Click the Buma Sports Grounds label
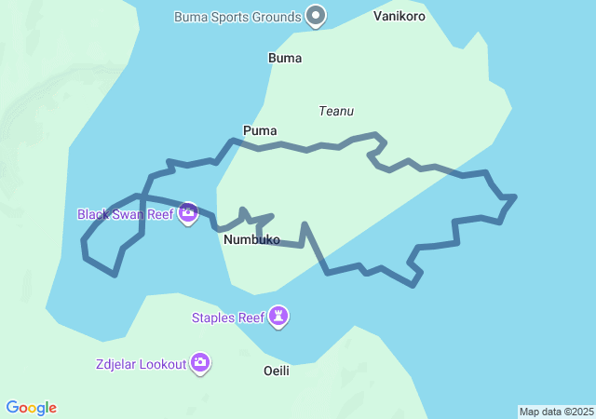coord(237,17)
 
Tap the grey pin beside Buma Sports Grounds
coord(317,16)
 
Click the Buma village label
coord(285,58)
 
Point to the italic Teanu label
coord(336,111)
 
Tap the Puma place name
coord(260,130)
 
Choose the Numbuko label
coord(251,239)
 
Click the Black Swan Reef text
coord(126,214)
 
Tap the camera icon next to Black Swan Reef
coord(188,214)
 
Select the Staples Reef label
coord(228,318)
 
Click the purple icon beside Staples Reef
coord(278,318)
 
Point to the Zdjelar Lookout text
coord(141,364)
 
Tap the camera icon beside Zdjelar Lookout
coord(200,363)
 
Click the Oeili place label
coord(278,371)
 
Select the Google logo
coord(32,408)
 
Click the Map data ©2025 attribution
coord(556,412)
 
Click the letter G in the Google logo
coord(13,408)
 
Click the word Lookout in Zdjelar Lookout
coord(162,364)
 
